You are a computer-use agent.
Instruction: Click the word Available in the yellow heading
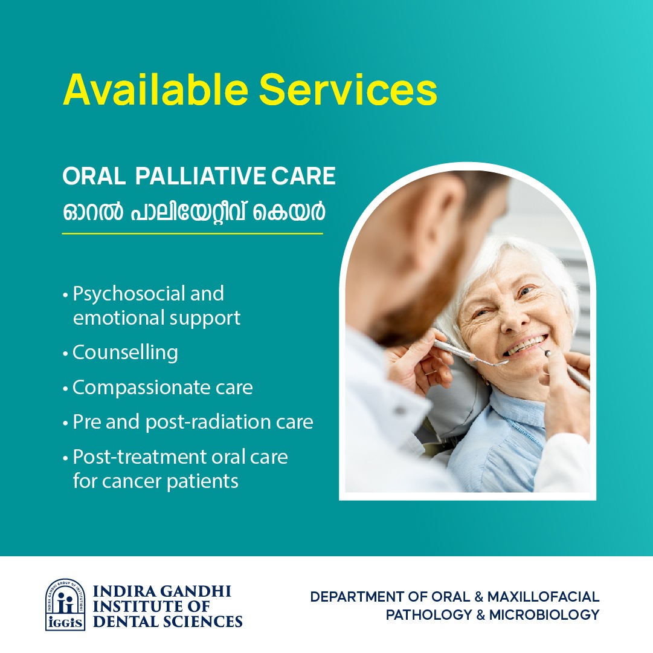[156, 89]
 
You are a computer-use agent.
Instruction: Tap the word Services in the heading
[348, 89]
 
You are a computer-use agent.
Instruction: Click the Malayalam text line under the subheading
[194, 211]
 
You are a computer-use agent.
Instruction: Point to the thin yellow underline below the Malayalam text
[193, 233]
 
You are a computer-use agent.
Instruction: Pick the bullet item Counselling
[126, 353]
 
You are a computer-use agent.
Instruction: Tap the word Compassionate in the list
[141, 388]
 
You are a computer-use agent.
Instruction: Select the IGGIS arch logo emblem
[65, 605]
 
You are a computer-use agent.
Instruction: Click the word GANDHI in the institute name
[195, 591]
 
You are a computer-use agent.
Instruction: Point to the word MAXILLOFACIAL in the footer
[543, 597]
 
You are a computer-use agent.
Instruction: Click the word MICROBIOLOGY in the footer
[544, 615]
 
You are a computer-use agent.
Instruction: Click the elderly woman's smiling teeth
[526, 345]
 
